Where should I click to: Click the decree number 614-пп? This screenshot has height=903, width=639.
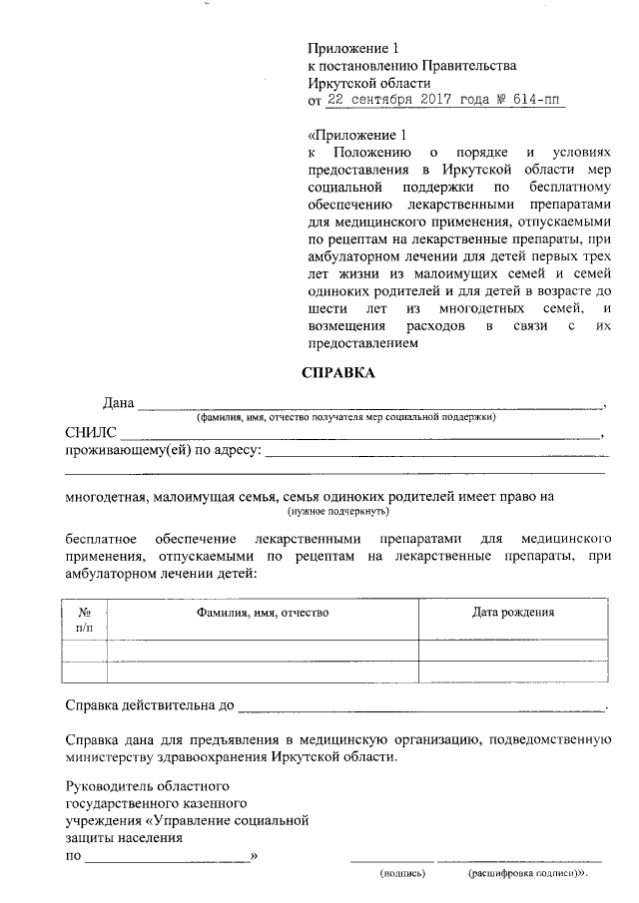tap(536, 101)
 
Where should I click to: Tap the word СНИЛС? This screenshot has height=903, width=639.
tap(91, 433)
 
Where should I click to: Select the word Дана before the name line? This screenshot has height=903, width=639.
tap(118, 403)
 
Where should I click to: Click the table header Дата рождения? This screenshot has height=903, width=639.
tap(513, 613)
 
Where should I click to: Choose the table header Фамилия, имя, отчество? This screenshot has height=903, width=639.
tap(263, 613)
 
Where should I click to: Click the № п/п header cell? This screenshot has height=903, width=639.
tap(85, 620)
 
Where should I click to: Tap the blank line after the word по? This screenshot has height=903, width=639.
tap(167, 857)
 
